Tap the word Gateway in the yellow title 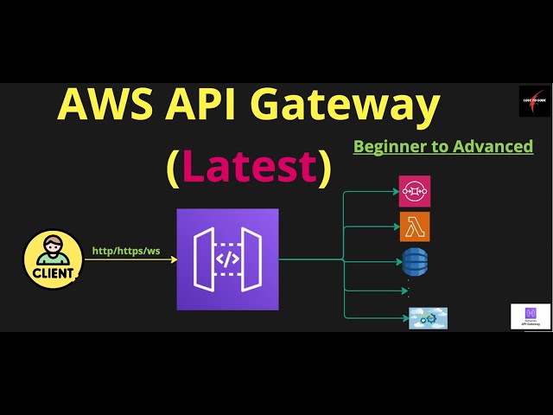tap(359, 106)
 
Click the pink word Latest tap(249, 167)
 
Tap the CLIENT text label tap(54, 274)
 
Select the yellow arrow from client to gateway tap(130, 259)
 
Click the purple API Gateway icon tap(227, 259)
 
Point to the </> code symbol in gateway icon tap(227, 259)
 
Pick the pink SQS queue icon tap(414, 191)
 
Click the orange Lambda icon tap(414, 227)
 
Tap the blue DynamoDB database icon tap(414, 261)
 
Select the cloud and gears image tap(428, 318)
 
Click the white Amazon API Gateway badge tap(531, 316)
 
